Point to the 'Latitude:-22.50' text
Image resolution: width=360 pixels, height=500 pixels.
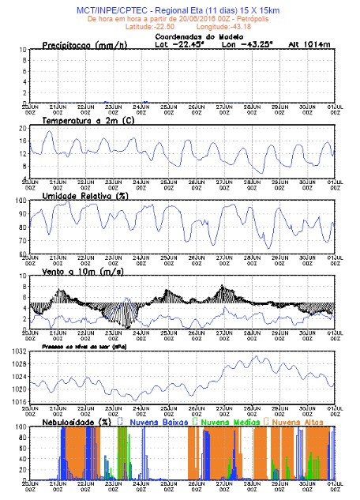[143, 26]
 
